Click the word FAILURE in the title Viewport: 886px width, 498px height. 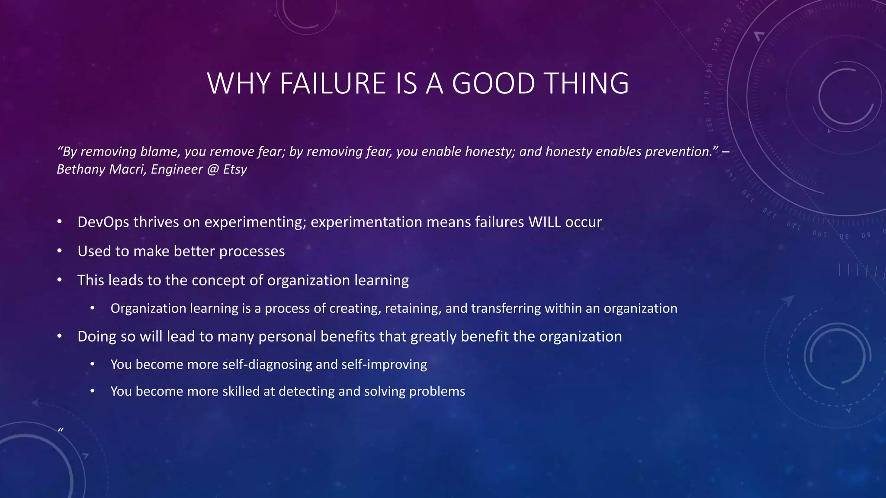pyautogui.click(x=333, y=83)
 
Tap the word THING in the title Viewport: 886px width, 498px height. pyautogui.click(x=586, y=83)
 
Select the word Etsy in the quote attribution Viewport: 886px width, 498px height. pyautogui.click(x=235, y=169)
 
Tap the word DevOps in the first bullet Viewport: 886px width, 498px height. pyautogui.click(x=103, y=222)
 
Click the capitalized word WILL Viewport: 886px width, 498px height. pyautogui.click(x=545, y=222)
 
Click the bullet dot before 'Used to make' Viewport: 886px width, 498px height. pyautogui.click(x=60, y=251)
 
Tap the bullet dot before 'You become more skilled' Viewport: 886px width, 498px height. pyautogui.click(x=92, y=391)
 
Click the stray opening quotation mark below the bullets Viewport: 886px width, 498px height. pyautogui.click(x=61, y=430)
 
